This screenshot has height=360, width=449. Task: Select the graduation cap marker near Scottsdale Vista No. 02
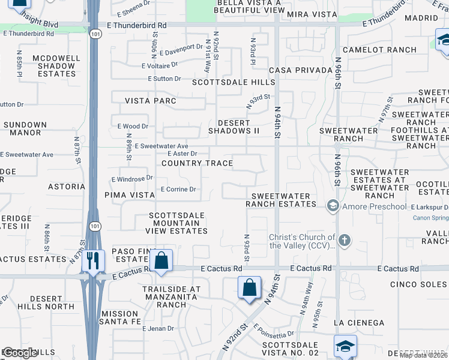point(346,346)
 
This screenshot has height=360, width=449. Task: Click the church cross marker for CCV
point(344,241)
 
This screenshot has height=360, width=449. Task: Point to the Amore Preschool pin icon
point(332,206)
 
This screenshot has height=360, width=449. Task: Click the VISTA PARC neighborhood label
point(150,101)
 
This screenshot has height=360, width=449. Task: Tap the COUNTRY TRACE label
point(197,163)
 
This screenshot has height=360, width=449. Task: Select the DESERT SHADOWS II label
point(234,127)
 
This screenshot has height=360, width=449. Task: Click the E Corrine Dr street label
point(178,190)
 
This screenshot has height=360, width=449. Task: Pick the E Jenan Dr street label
point(158,329)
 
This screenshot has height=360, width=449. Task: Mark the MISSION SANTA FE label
point(120,317)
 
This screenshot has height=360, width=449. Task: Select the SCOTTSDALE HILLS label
point(233,82)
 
